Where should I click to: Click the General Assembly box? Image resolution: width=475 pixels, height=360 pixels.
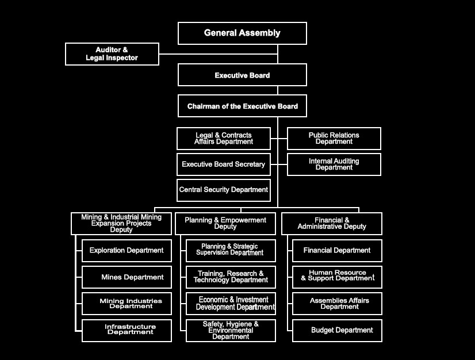point(242,33)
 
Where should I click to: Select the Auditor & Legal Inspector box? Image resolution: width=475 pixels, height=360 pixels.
point(112,54)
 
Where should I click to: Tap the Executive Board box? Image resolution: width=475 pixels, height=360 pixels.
point(242,75)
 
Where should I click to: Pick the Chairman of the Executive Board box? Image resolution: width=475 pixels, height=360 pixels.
point(242,106)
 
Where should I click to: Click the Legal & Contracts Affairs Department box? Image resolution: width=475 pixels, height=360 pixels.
point(224,139)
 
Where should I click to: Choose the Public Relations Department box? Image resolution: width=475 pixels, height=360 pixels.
point(334,139)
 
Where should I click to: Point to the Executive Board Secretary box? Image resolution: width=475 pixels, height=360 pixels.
point(224,164)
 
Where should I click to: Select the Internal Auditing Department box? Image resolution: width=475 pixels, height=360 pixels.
point(334,164)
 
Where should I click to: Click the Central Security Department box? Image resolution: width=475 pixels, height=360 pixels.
point(224,190)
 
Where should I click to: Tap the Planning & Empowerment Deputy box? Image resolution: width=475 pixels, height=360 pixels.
point(225,224)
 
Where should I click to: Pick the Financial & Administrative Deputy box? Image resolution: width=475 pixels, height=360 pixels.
point(332,224)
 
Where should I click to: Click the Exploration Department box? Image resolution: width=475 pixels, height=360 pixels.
point(127,251)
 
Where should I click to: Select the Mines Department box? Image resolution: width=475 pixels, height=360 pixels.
point(127,277)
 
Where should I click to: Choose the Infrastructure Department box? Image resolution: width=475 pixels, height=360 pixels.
point(127,331)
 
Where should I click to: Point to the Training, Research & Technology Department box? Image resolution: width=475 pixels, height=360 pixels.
point(231,277)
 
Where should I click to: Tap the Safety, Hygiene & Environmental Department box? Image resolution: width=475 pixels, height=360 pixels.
point(231,331)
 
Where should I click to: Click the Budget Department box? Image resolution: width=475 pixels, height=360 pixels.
point(337,331)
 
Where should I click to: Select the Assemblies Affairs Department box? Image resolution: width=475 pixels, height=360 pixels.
point(337,304)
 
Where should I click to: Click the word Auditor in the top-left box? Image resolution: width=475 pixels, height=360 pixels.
point(109,49)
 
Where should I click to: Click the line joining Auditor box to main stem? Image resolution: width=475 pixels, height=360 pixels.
point(219,54)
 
